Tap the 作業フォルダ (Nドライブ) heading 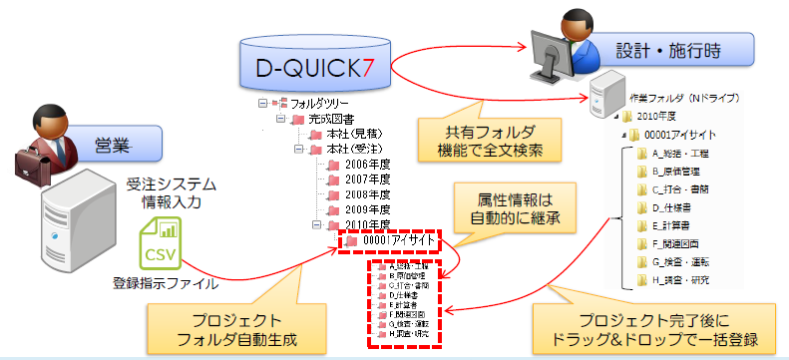[677, 101]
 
